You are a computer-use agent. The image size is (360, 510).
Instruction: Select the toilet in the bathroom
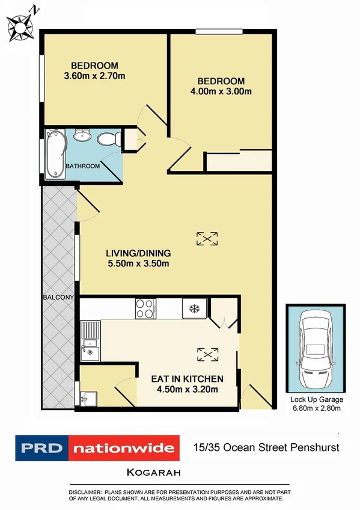[x=106, y=139]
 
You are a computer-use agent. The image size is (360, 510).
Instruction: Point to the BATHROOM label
[x=82, y=166]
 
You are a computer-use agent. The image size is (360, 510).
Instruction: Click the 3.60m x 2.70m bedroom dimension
[x=94, y=76]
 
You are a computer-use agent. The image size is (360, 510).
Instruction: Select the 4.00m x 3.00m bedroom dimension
[x=221, y=91]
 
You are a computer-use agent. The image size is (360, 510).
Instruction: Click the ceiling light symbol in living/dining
[x=207, y=239]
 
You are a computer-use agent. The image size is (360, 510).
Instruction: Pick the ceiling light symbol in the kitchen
[x=207, y=355]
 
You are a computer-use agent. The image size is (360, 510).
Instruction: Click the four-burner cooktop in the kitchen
[x=145, y=308]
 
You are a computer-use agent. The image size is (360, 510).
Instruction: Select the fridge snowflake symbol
[x=194, y=309]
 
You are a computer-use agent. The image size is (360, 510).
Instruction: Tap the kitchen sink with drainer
[x=90, y=340]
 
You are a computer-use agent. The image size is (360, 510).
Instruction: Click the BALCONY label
[x=58, y=298]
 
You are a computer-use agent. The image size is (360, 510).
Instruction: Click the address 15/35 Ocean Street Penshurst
[x=266, y=447]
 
